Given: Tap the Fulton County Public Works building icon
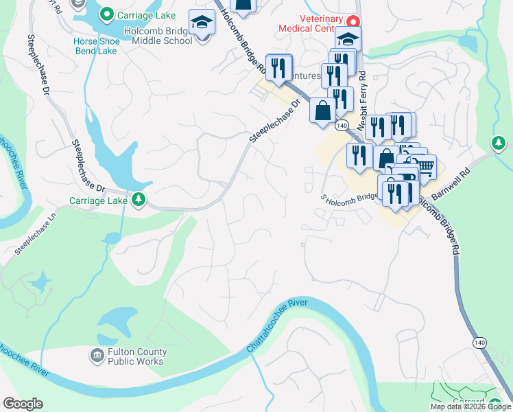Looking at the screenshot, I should (x=97, y=355).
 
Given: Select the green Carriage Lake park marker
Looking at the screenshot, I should (x=139, y=200).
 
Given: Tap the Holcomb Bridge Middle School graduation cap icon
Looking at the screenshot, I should (x=202, y=24).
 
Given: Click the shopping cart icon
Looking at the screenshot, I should (x=425, y=166).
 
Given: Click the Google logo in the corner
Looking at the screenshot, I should (x=23, y=404).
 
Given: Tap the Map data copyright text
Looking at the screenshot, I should (x=470, y=407).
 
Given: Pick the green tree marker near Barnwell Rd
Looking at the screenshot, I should (x=499, y=143).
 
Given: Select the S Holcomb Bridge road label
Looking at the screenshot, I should (x=350, y=197).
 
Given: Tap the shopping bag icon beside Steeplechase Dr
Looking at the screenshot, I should (x=322, y=110).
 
